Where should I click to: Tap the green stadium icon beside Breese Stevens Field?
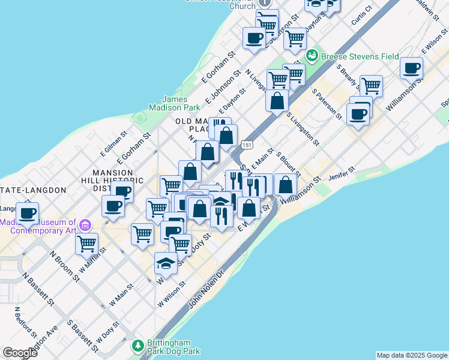click(312, 56)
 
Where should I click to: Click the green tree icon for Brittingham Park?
click(138, 346)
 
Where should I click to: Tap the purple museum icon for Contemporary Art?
click(85, 226)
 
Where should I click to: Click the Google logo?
click(20, 353)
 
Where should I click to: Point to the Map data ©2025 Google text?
click(412, 355)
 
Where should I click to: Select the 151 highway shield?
click(247, 145)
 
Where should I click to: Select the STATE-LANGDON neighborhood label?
click(32, 190)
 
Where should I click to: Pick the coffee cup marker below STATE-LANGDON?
click(27, 212)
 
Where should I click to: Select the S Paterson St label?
click(327, 103)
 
